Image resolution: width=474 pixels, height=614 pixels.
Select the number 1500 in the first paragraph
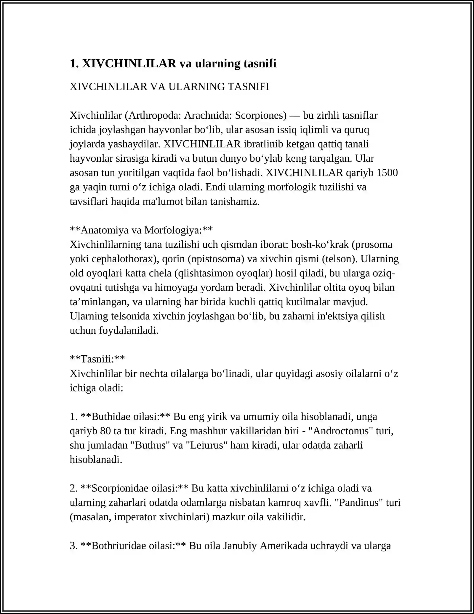[387, 173]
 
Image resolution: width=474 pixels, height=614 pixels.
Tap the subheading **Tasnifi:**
[97, 359]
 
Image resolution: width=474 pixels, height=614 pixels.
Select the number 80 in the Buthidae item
[105, 431]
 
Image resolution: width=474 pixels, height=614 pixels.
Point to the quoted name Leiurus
[206, 445]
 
